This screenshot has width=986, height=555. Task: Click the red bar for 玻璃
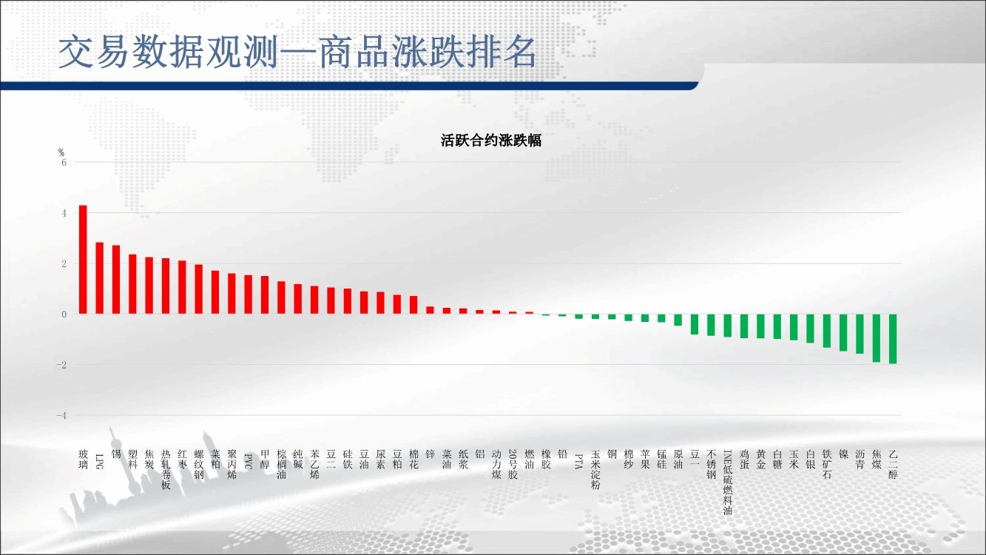coord(83,260)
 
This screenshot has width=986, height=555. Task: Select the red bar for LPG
coord(99,278)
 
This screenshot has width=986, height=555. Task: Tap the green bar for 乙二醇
coord(893,339)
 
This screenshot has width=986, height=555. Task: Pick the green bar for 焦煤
coord(877,338)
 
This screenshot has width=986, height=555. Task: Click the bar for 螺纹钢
coord(198,289)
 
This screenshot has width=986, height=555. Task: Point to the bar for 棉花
coord(413,305)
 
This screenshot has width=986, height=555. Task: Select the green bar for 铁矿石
coord(827,331)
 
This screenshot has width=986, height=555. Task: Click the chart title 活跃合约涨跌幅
coord(491,141)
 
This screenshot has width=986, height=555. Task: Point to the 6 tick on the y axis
coord(64,163)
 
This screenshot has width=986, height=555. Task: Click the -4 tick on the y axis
coord(61,415)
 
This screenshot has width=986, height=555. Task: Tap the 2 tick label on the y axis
coord(64,264)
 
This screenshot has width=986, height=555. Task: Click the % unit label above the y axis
coord(61,152)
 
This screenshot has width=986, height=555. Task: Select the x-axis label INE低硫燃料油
coord(728,482)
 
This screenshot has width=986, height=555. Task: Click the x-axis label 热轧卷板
coord(166,470)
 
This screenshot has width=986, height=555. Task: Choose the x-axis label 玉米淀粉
coord(595,470)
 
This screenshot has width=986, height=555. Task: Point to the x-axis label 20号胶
coord(513,464)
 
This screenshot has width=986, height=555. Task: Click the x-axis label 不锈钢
coord(711,464)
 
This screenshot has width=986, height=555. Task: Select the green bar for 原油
coord(678,320)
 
